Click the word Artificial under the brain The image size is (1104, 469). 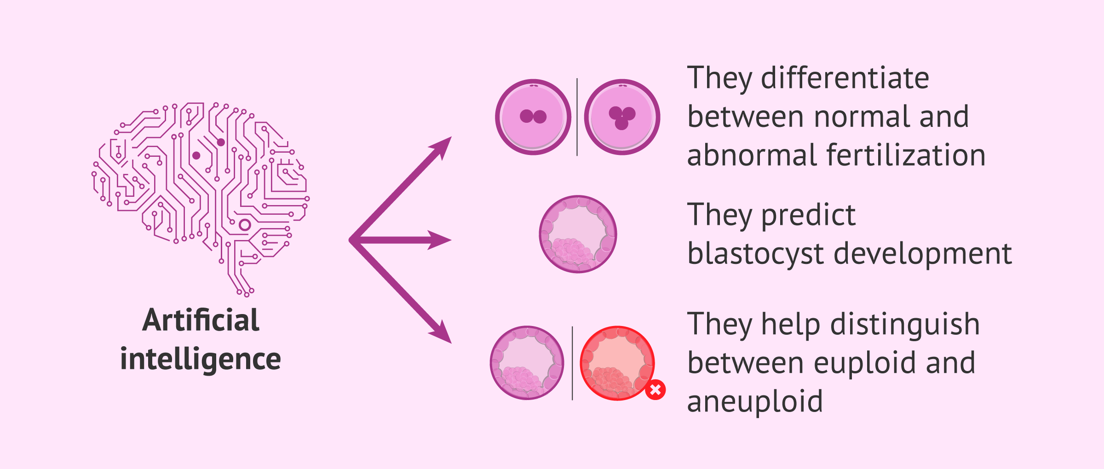click(x=201, y=320)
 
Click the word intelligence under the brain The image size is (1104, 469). click(x=201, y=359)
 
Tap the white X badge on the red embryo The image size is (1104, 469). click(x=655, y=390)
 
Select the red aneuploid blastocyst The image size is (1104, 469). click(x=617, y=363)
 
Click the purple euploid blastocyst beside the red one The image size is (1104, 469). click(x=527, y=363)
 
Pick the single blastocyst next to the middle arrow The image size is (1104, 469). click(x=578, y=234)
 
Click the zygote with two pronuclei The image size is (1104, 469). click(x=533, y=117)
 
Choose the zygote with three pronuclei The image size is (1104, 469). click(x=622, y=117)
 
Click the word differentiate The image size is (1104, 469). click(x=845, y=78)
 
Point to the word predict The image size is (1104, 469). click(x=808, y=215)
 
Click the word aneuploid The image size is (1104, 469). click(x=755, y=401)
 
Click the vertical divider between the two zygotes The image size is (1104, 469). click(x=577, y=117)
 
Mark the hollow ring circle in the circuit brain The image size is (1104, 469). click(x=245, y=225)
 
